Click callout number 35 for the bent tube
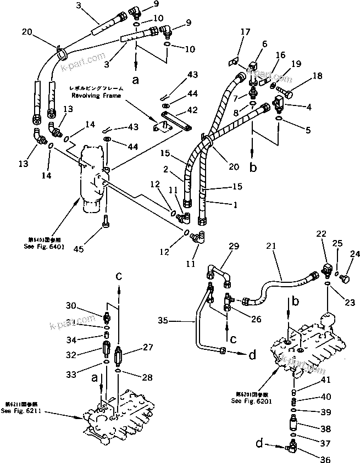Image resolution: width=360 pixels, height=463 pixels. coord(163,319)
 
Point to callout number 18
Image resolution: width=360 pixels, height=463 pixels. coord(318,76)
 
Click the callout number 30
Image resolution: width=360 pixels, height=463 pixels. coord(71,305)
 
